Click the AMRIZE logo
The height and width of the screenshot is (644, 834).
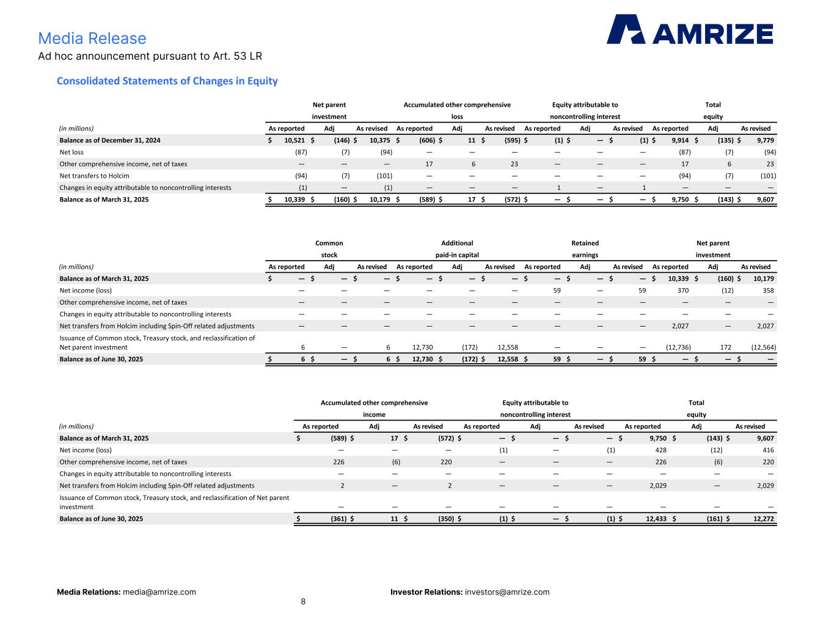tap(689, 29)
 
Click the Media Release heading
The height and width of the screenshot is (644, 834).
tap(92, 38)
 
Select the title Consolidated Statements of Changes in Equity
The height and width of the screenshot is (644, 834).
tap(167, 81)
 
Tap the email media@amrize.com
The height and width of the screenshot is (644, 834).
tap(159, 592)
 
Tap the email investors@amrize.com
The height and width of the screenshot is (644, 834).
tap(507, 592)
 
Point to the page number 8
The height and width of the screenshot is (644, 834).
tap(303, 601)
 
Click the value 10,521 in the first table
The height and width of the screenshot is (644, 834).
tap(294, 140)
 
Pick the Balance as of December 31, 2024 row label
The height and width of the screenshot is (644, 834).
tap(110, 140)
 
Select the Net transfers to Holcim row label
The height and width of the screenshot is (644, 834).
tap(95, 176)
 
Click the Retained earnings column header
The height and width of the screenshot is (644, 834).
tap(585, 249)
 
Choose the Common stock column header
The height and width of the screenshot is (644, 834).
tap(329, 249)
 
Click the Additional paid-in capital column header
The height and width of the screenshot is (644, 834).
tap(457, 249)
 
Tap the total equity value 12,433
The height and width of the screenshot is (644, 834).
tap(656, 519)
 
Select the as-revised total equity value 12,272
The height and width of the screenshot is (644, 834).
tap(763, 519)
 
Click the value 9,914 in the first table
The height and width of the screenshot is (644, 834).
tap(680, 140)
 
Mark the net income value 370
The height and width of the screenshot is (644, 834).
tap(683, 291)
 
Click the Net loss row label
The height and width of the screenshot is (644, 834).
tap(71, 152)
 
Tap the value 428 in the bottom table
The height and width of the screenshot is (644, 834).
tap(661, 450)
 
